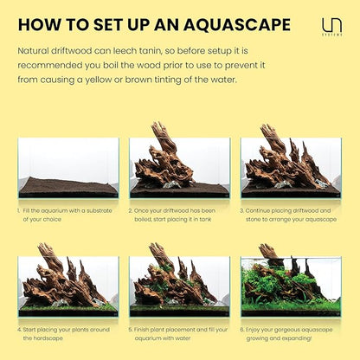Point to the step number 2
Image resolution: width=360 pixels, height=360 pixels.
pos(131,209)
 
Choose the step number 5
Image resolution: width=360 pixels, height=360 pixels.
pos(131,329)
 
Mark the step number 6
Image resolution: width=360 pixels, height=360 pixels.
pos(243,329)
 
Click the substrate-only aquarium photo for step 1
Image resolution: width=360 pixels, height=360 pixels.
pos(67,168)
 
